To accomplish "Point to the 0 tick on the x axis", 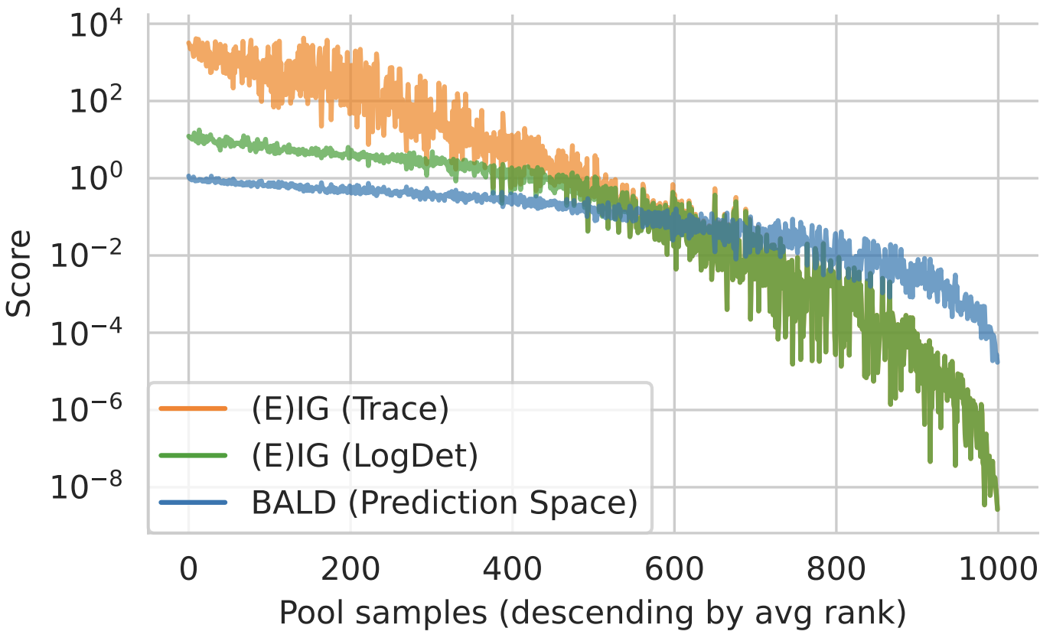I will coord(188,569).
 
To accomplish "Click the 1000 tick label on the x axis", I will coord(998,569).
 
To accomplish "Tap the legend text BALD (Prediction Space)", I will coord(444,503).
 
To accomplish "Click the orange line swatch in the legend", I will coord(193,410).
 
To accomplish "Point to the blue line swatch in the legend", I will coord(193,503).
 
